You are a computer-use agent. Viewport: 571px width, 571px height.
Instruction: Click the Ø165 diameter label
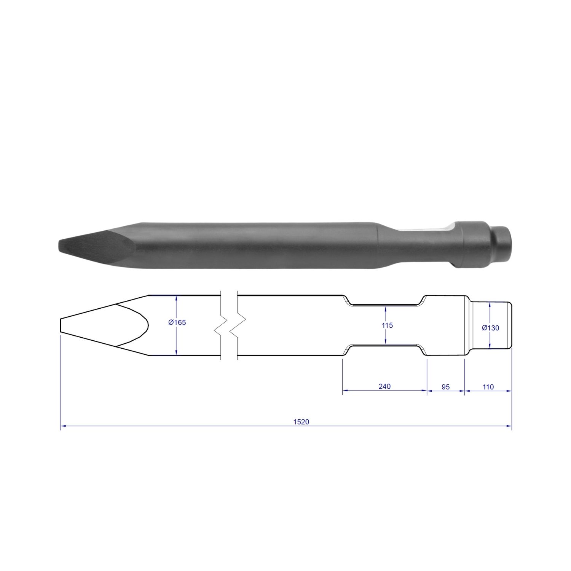coord(177,322)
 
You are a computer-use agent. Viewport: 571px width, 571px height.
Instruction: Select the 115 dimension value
coord(387,325)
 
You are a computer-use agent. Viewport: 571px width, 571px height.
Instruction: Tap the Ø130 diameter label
coord(490,328)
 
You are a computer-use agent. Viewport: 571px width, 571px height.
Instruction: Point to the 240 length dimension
coord(384,386)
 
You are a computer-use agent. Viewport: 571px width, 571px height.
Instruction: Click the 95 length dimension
coord(445,387)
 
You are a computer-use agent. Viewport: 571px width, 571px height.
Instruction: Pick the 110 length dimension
coord(488,387)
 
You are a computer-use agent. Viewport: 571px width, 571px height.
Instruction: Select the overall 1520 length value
coord(301,422)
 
